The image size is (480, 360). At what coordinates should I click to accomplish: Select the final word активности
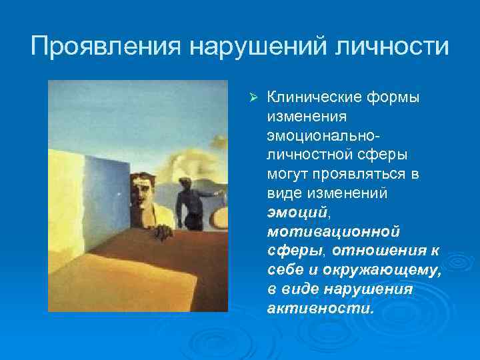[320, 309]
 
